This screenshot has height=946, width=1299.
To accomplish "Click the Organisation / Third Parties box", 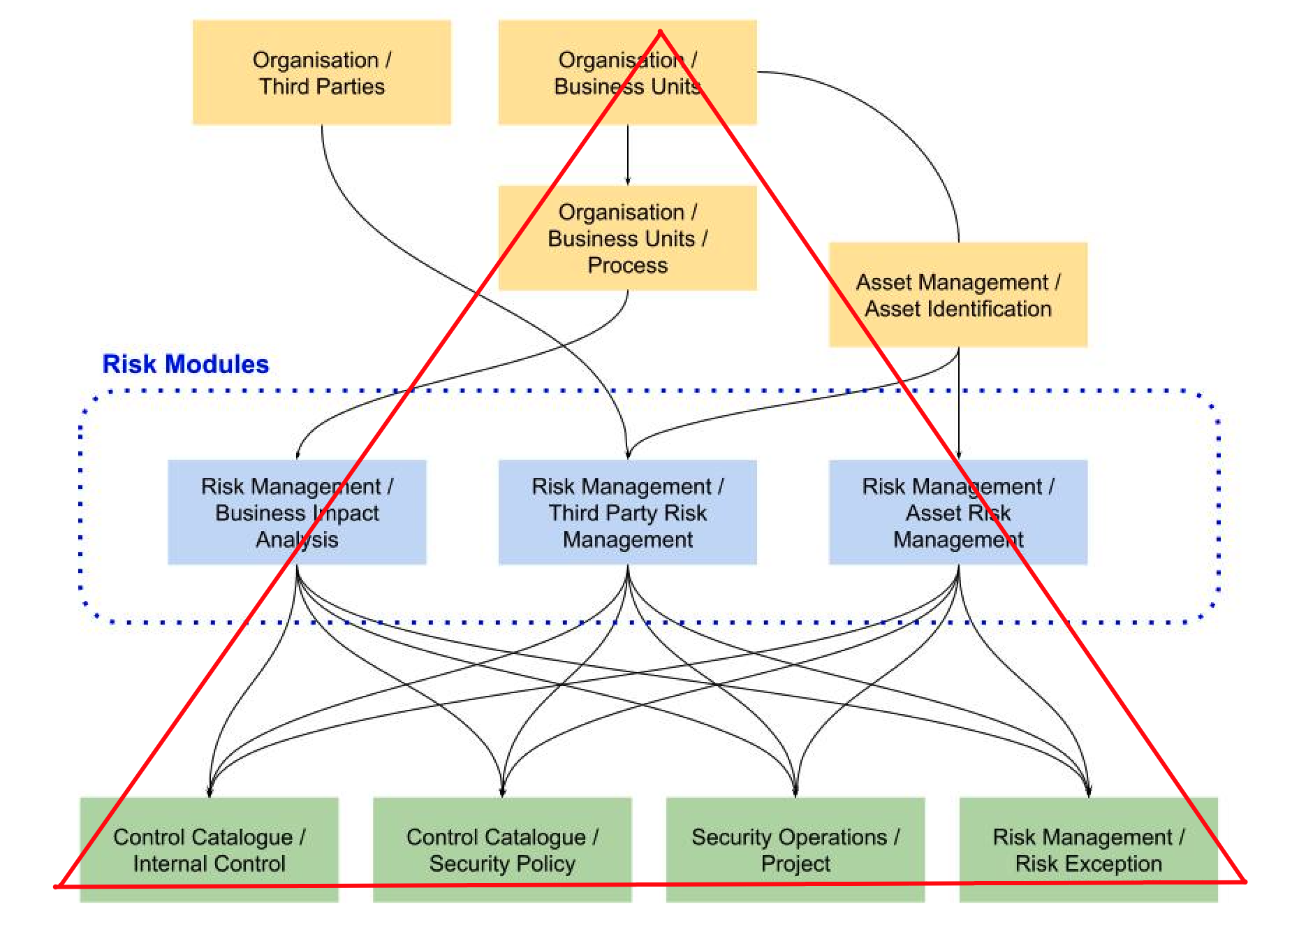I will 321,73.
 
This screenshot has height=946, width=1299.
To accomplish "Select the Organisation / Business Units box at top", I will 627,73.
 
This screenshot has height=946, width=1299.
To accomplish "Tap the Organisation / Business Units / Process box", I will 627,238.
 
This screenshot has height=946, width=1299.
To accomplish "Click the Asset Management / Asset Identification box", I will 957,295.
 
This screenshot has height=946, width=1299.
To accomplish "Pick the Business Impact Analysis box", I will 297,512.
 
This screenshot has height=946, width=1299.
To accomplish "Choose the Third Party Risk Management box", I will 627,512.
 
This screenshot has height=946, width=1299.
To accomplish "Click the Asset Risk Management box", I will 957,512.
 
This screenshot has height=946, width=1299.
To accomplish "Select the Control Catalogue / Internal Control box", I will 209,850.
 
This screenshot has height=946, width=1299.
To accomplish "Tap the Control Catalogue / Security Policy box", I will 502,850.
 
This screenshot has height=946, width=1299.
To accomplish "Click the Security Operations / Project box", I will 795,850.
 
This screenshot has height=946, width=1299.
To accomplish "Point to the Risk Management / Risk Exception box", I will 1088,850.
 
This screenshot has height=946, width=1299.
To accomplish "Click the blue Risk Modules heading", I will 185,364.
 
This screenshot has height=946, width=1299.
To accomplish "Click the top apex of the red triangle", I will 660,31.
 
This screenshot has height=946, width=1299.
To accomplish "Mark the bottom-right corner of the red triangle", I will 1244,882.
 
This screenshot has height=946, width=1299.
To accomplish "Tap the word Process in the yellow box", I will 627,265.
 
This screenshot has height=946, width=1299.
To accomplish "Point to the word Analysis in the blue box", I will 297,539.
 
